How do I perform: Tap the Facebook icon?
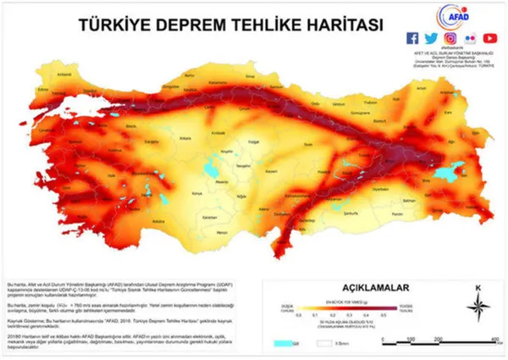(x=412, y=38)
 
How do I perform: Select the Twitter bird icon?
(x=430, y=38)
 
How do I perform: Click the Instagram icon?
(x=449, y=38)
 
